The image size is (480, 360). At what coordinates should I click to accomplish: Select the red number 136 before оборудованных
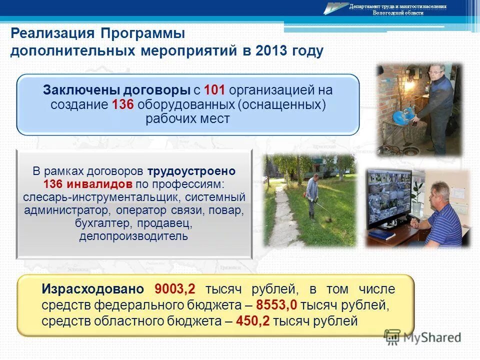pos(123,104)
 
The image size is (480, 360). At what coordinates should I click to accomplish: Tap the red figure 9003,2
pos(175,289)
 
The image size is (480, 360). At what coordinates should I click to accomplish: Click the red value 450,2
pos(252,320)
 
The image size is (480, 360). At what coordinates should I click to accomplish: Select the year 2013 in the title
pos(272,51)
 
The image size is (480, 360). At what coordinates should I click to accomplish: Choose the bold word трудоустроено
pos(191,170)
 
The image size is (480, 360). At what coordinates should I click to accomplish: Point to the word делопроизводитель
pos(133,235)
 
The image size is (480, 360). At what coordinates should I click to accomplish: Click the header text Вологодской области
pos(397,13)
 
